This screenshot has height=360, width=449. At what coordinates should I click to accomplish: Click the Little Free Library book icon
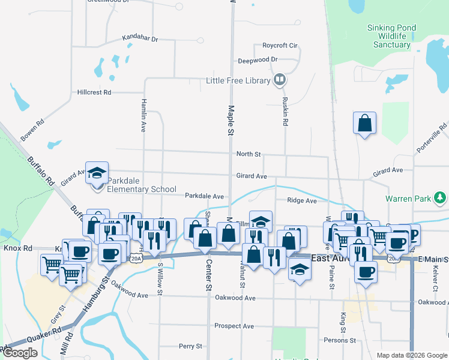click(279, 80)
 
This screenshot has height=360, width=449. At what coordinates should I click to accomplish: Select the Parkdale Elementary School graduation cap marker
click(96, 173)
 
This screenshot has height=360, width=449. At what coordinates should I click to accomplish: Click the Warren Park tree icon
click(441, 197)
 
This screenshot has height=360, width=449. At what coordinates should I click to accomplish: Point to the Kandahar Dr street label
click(139, 38)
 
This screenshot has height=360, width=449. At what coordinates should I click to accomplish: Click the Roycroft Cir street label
click(280, 46)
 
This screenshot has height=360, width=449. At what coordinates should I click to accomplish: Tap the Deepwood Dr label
click(258, 60)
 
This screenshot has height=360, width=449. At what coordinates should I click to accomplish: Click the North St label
click(248, 154)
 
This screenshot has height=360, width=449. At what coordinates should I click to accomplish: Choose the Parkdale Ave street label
click(204, 196)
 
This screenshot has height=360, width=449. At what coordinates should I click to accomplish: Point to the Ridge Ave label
click(301, 201)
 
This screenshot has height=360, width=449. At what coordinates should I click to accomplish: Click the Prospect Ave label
click(234, 326)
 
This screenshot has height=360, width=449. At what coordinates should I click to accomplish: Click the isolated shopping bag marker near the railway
click(364, 123)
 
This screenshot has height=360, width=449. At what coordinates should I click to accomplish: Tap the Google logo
click(20, 353)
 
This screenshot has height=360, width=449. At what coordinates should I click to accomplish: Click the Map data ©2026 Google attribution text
click(411, 355)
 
